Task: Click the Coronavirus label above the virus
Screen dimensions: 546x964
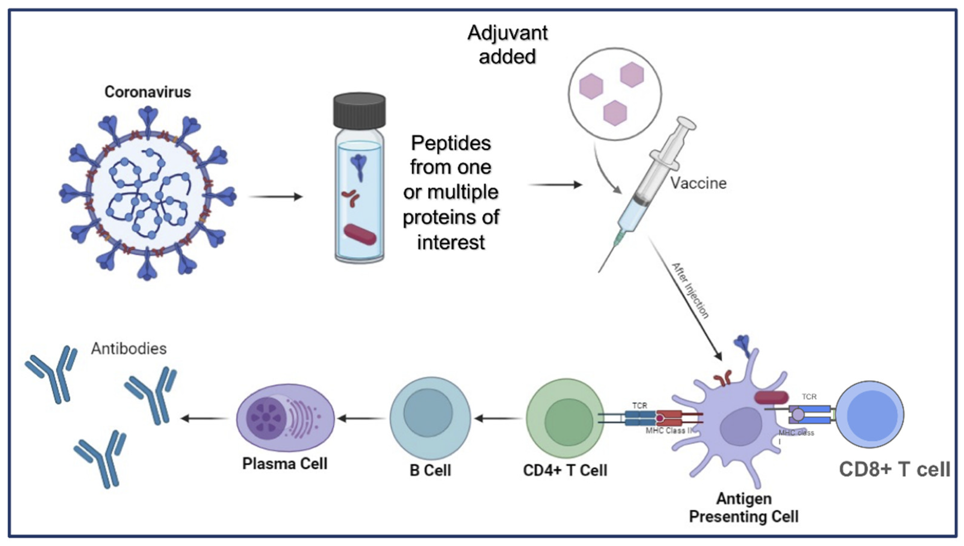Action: [147, 92]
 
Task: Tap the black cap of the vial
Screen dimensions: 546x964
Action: [359, 111]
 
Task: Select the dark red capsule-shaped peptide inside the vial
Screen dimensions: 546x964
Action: [360, 234]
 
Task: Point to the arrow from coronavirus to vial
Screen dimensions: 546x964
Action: [276, 196]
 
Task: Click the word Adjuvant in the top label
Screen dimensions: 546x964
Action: [507, 33]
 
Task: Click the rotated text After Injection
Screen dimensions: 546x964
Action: [690, 291]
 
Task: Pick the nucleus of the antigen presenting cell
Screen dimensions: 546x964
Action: [740, 431]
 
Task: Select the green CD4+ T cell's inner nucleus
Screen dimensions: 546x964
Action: [568, 422]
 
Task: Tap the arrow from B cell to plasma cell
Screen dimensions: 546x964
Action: [361, 418]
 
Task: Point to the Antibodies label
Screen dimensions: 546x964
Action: [129, 349]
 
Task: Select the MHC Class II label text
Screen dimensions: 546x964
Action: [668, 431]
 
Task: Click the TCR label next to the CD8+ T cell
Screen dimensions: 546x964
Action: [809, 396]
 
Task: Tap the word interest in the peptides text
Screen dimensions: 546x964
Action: [451, 242]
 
